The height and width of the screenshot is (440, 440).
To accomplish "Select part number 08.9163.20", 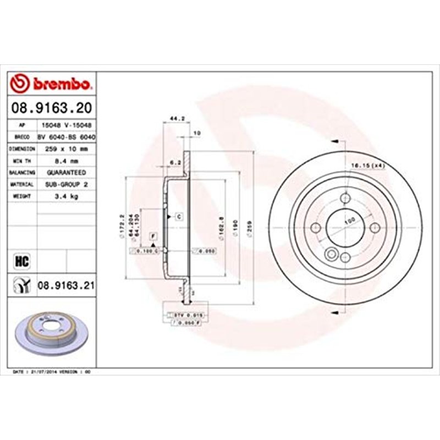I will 51,108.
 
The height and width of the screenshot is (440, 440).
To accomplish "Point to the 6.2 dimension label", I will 174,162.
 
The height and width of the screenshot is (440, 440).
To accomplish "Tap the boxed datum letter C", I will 179,217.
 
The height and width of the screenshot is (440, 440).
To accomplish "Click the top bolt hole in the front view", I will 344,199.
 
